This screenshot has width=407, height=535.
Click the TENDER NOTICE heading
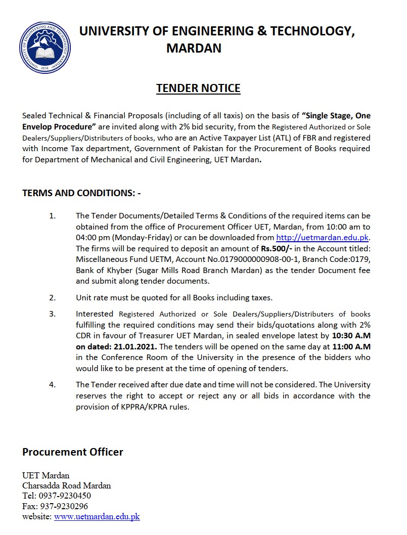(198, 88)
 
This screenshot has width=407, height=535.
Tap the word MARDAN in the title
(194, 48)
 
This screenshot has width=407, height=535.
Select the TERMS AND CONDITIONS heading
(81, 193)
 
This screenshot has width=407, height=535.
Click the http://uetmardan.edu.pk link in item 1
(323, 238)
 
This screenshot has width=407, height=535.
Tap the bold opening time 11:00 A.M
(351, 347)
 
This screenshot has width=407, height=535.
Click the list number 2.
(52, 297)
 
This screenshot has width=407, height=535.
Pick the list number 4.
(52, 384)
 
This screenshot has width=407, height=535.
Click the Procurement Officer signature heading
(73, 452)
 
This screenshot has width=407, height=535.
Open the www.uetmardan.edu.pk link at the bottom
(97, 517)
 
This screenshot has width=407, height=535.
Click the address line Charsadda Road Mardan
(66, 486)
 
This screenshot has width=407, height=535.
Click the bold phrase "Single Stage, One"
(336, 116)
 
